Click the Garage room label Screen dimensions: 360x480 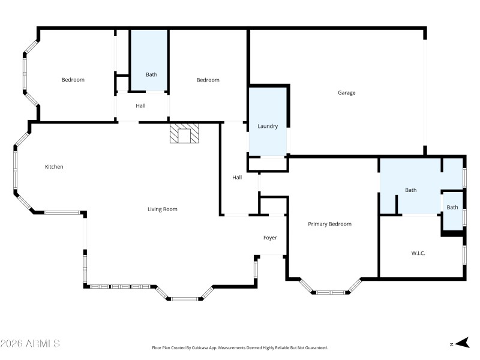(346, 93)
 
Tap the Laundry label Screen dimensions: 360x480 (268, 127)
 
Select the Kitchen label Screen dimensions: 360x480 (54, 167)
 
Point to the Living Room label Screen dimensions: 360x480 (163, 209)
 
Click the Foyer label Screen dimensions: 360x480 (270, 238)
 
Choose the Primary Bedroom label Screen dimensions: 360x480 (329, 224)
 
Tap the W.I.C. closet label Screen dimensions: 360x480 (418, 254)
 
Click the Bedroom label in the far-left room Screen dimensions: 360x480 (73, 80)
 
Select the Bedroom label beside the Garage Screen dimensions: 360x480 (208, 80)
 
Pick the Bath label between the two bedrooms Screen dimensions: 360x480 (151, 75)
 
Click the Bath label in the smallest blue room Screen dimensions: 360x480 (452, 208)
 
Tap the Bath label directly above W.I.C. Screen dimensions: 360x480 (410, 190)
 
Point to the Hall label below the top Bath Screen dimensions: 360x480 (140, 106)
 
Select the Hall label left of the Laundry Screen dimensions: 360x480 (237, 178)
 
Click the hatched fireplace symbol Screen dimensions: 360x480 (184, 134)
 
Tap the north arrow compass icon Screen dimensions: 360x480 (461, 343)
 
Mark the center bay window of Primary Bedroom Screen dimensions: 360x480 (330, 292)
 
